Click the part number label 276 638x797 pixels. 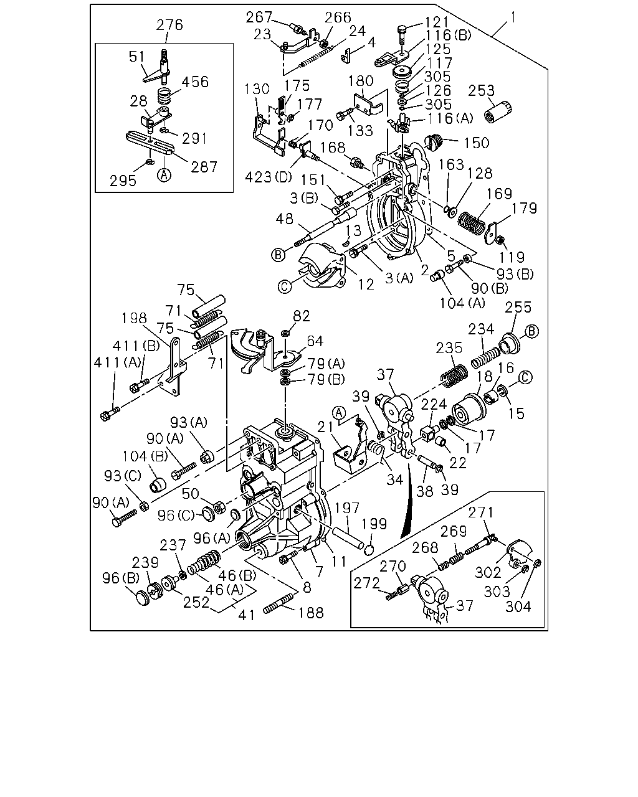(169, 25)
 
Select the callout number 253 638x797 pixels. (481, 90)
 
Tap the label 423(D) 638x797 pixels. (268, 177)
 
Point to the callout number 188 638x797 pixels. (311, 613)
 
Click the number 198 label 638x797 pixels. (134, 318)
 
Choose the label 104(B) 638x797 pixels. (145, 456)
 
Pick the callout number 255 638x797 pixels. (518, 307)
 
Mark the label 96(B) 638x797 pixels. (121, 578)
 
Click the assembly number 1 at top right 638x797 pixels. (513, 17)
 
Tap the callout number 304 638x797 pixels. (518, 606)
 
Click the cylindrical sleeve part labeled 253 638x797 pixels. (498, 111)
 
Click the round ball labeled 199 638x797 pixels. (368, 550)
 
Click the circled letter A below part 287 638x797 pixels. (164, 175)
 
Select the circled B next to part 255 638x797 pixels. (531, 331)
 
